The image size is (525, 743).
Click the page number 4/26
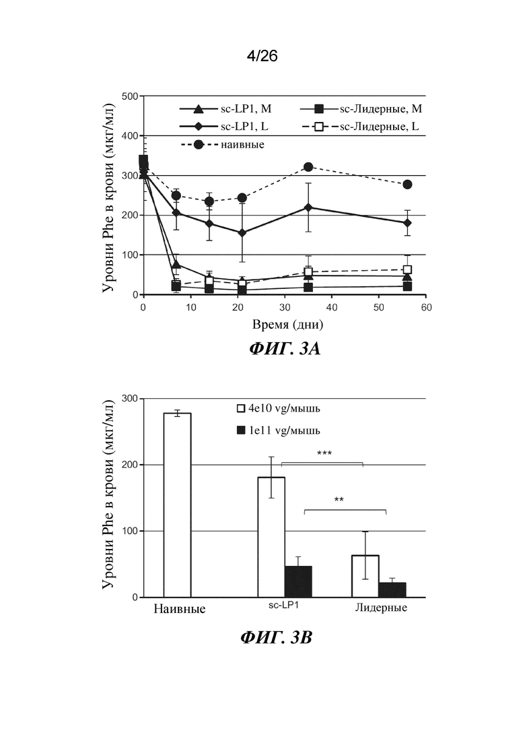click(262, 57)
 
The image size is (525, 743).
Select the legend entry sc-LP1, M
click(225, 109)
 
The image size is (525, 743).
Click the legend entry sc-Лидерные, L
click(360, 127)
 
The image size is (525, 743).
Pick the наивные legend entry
click(223, 144)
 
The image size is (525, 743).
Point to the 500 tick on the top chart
click(130, 96)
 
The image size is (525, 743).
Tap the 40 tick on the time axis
click(332, 307)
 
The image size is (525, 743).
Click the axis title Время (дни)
click(288, 325)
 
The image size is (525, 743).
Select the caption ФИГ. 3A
click(285, 349)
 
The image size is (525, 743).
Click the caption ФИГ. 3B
click(277, 637)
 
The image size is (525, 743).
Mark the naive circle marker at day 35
click(308, 167)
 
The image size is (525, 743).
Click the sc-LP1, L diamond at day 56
click(407, 223)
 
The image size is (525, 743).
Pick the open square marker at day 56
click(407, 269)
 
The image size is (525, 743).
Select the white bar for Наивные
click(177, 505)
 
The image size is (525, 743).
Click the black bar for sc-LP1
click(298, 582)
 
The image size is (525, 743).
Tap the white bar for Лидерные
click(365, 576)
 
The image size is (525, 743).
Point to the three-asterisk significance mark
click(324, 453)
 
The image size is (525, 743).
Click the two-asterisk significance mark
click(339, 499)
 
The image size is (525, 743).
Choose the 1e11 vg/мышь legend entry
click(279, 430)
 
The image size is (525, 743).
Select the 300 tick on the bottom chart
click(130, 399)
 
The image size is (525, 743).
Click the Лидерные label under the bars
click(381, 608)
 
